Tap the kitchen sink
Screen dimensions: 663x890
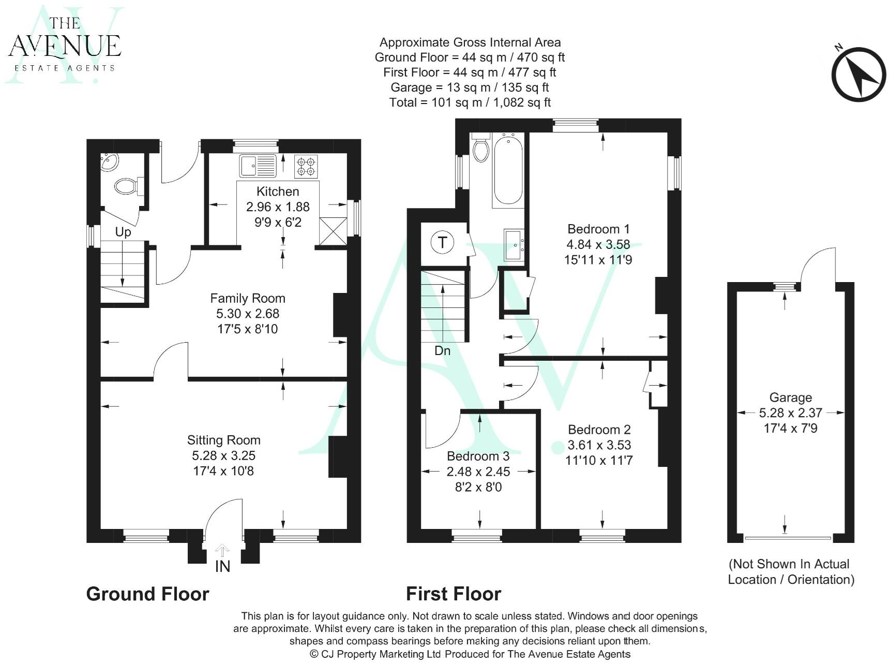pyautogui.click(x=258, y=166)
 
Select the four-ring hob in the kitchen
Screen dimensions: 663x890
pyautogui.click(x=306, y=166)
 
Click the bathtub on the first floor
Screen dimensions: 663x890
pyautogui.click(x=508, y=170)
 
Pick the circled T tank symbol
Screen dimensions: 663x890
pyautogui.click(x=443, y=242)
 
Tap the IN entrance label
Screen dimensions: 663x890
pyautogui.click(x=222, y=566)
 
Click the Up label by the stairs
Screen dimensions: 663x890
pyautogui.click(x=123, y=232)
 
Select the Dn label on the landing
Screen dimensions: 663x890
pyautogui.click(x=442, y=351)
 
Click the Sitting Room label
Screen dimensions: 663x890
pyautogui.click(x=223, y=440)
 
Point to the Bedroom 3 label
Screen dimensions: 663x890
pyautogui.click(x=478, y=456)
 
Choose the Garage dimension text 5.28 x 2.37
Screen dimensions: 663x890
pyautogui.click(x=790, y=413)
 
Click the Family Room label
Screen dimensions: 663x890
pyautogui.click(x=247, y=299)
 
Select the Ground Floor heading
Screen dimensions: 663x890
pyautogui.click(x=147, y=594)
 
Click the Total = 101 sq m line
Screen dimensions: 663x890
pyautogui.click(x=470, y=102)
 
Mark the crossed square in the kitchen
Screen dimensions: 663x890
pyautogui.click(x=333, y=231)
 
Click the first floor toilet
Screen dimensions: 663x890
pyautogui.click(x=481, y=148)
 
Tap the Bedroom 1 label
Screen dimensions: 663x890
pyautogui.click(x=598, y=229)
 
